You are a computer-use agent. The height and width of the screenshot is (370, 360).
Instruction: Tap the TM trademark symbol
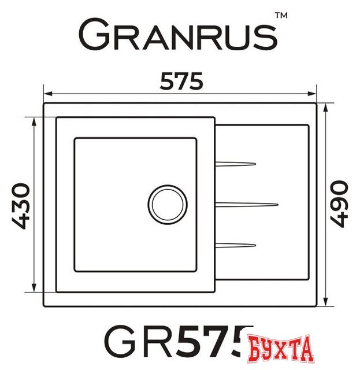(x=280, y=17)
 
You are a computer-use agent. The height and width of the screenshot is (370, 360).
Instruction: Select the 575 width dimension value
(x=181, y=82)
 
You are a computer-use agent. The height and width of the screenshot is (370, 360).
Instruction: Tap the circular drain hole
(x=168, y=203)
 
